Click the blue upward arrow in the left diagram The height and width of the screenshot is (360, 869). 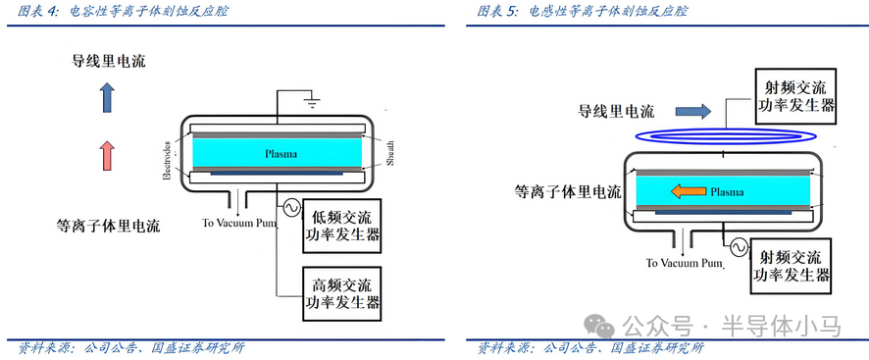tap(107, 97)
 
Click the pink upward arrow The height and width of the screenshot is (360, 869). tap(107, 157)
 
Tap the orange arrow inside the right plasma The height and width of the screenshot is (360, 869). tap(670, 190)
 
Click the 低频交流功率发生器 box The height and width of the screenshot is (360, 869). tap(341, 226)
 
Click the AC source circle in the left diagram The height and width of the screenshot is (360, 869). tap(290, 208)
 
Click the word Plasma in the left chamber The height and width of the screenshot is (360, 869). tap(281, 154)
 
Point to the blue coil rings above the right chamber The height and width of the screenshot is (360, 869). tap(721, 133)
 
